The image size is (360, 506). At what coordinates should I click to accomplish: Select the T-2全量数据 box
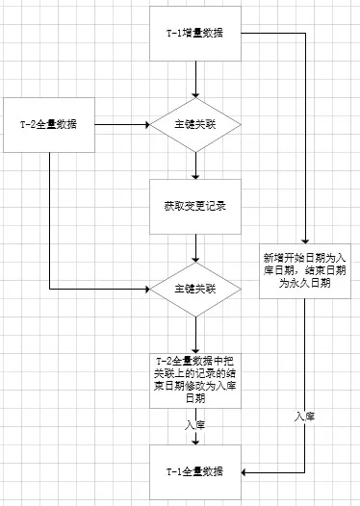tap(48, 125)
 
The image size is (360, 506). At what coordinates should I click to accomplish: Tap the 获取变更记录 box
tap(195, 206)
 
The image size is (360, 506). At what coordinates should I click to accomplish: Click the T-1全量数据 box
tap(195, 471)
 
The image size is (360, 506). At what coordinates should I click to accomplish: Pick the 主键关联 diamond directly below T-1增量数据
tap(195, 125)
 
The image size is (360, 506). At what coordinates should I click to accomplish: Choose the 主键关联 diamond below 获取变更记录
tap(195, 288)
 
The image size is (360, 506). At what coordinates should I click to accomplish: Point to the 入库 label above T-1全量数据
tap(195, 422)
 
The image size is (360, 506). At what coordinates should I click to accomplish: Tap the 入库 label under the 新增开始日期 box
tap(305, 416)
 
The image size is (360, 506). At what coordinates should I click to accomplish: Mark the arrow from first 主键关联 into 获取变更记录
tap(195, 164)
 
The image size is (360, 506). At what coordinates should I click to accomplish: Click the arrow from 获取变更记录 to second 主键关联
tap(195, 247)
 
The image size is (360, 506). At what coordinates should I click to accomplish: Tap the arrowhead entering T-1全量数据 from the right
tap(247, 471)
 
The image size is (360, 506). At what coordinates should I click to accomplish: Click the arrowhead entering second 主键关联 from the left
tap(144, 288)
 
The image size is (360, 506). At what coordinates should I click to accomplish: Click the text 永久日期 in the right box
tap(305, 284)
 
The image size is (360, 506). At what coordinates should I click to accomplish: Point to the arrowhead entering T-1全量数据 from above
tap(195, 442)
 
